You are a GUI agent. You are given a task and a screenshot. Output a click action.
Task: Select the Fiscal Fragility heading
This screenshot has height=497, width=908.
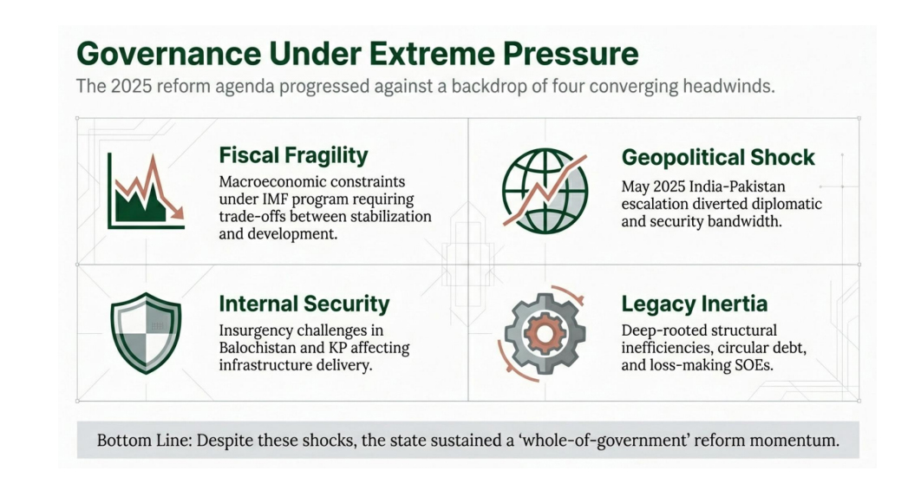point(293,155)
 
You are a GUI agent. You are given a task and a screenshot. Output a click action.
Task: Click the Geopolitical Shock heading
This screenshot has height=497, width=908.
point(718,158)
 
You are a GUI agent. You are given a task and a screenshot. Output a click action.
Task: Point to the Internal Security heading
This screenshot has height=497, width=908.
point(304,304)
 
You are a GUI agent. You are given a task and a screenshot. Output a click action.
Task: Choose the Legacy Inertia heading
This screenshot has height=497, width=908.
point(695,304)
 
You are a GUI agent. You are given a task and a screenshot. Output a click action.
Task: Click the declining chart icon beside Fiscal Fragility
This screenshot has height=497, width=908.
point(146,191)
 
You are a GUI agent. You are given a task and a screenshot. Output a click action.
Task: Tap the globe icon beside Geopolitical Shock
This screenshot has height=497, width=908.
point(545,191)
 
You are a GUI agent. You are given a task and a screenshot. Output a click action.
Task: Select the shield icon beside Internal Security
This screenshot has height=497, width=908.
point(146,333)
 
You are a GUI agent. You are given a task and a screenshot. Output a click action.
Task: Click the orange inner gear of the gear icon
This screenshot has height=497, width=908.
point(544,334)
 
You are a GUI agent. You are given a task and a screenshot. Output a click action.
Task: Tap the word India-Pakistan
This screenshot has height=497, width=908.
point(736,186)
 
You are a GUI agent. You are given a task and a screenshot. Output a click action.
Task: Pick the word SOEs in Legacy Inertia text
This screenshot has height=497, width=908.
point(753,365)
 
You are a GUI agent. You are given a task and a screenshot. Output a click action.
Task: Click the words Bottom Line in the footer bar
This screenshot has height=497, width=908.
point(144,441)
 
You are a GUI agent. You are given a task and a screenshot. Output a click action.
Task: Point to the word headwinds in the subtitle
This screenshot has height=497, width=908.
point(728,87)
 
